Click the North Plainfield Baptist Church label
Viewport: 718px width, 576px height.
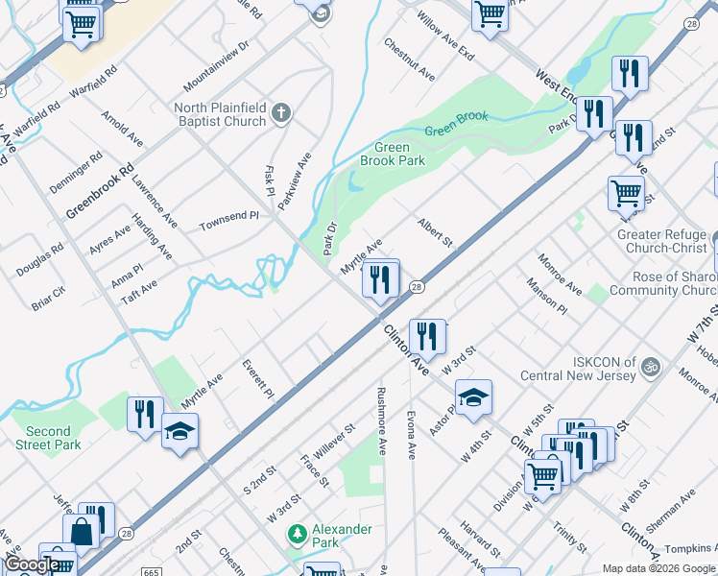click(220, 115)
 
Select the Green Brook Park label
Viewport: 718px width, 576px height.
click(392, 155)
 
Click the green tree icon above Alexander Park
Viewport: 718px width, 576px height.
click(298, 532)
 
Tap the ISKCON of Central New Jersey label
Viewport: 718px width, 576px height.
click(579, 369)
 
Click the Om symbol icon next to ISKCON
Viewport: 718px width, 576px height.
click(650, 365)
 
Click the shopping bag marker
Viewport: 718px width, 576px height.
click(82, 530)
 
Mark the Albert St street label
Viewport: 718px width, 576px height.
click(434, 231)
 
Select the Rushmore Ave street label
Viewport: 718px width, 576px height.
click(381, 420)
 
